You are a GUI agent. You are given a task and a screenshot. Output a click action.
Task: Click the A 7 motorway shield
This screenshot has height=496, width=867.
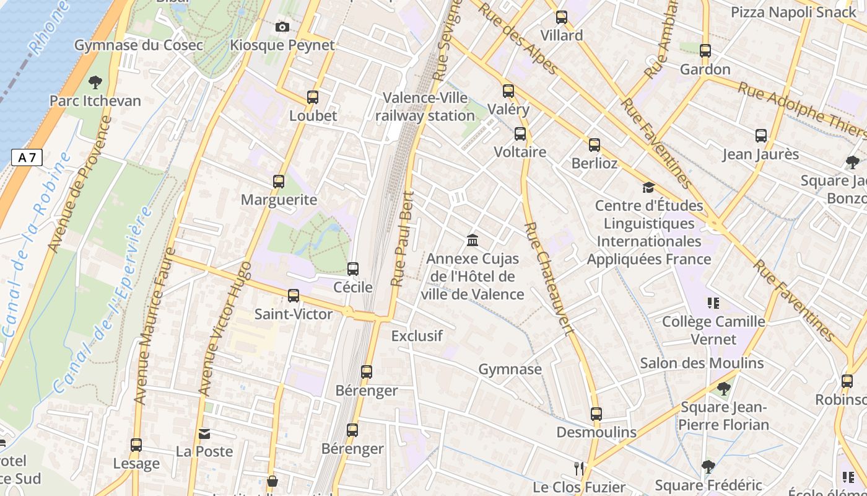pos(27,157)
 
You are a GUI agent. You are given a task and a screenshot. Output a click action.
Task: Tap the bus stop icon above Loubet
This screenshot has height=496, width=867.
pos(313,97)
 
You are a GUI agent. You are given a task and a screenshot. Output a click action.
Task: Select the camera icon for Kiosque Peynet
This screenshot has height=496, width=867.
pos(282,27)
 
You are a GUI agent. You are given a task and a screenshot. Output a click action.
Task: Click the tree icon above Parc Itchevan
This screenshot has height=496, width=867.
pos(95,82)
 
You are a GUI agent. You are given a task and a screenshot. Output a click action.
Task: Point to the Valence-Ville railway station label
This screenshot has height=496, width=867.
pos(425,107)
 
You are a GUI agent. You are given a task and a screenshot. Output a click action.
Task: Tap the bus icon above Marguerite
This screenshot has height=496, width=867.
pos(279,182)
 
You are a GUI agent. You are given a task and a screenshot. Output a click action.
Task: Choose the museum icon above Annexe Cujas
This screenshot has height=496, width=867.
pos(473,240)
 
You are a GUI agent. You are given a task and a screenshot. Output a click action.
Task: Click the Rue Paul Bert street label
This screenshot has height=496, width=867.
pos(403,239)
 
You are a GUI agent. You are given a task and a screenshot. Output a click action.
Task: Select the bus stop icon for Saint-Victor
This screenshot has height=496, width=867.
pos(294,296)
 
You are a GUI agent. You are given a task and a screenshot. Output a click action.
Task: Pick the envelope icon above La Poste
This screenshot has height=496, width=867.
pos(204,434)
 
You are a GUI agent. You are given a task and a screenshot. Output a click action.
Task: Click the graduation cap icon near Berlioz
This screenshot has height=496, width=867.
pos(648,187)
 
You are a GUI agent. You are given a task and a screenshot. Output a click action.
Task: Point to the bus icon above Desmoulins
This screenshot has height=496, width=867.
pos(596,414)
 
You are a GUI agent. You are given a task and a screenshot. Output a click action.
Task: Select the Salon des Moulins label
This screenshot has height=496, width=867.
pos(702,363)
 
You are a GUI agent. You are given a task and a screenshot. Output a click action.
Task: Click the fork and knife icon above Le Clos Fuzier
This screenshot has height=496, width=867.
pos(579,468)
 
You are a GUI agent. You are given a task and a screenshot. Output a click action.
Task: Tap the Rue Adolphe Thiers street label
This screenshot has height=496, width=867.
pos(801,110)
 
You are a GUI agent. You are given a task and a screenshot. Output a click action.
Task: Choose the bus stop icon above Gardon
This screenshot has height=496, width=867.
pos(705,51)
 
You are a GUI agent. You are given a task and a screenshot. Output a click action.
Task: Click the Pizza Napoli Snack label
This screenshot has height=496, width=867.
pos(793,12)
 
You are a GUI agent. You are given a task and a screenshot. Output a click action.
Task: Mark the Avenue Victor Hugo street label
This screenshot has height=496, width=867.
pos(225,329)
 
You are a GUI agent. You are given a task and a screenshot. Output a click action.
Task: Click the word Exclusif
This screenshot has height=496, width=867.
pos(417,336)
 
